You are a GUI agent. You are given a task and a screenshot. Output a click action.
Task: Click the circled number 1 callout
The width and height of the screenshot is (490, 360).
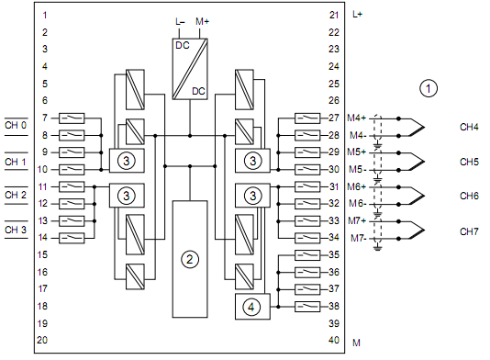tap(429, 88)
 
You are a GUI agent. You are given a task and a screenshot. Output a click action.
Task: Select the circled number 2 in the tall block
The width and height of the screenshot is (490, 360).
tap(190, 259)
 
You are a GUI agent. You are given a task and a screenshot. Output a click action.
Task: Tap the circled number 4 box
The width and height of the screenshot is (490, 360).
tap(252, 307)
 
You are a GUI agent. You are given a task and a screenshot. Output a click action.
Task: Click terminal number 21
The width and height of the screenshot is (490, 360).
tap(334, 15)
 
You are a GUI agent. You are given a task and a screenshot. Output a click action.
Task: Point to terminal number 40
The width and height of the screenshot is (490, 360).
tap(334, 340)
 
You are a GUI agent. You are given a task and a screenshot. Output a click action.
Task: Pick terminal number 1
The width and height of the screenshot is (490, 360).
tap(45, 15)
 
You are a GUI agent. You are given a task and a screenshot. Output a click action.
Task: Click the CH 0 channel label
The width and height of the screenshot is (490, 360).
tap(16, 126)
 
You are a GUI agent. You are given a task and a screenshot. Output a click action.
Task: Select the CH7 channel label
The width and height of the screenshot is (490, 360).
tap(469, 231)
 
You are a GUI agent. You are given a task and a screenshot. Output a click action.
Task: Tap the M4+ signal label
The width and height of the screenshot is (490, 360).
tap(357, 118)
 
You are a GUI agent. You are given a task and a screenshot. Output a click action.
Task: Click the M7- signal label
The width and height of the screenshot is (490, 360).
tap(359, 239)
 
